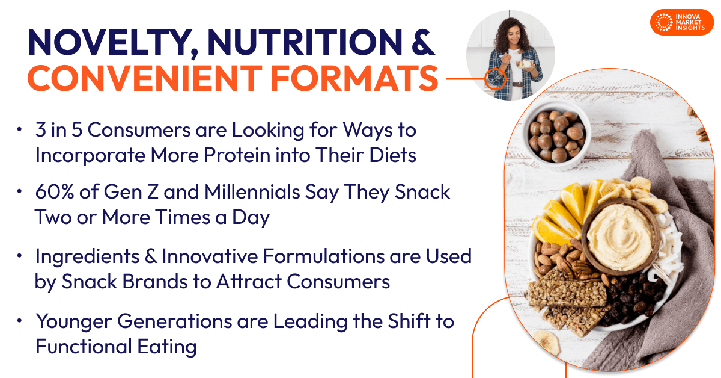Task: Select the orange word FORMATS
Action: click(x=354, y=78)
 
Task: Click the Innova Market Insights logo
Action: click(x=682, y=22)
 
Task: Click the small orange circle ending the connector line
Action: click(x=495, y=79)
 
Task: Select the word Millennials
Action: click(x=252, y=192)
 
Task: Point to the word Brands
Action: click(x=155, y=282)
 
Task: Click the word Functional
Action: click(x=84, y=346)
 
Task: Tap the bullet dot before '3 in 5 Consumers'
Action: click(x=20, y=129)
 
